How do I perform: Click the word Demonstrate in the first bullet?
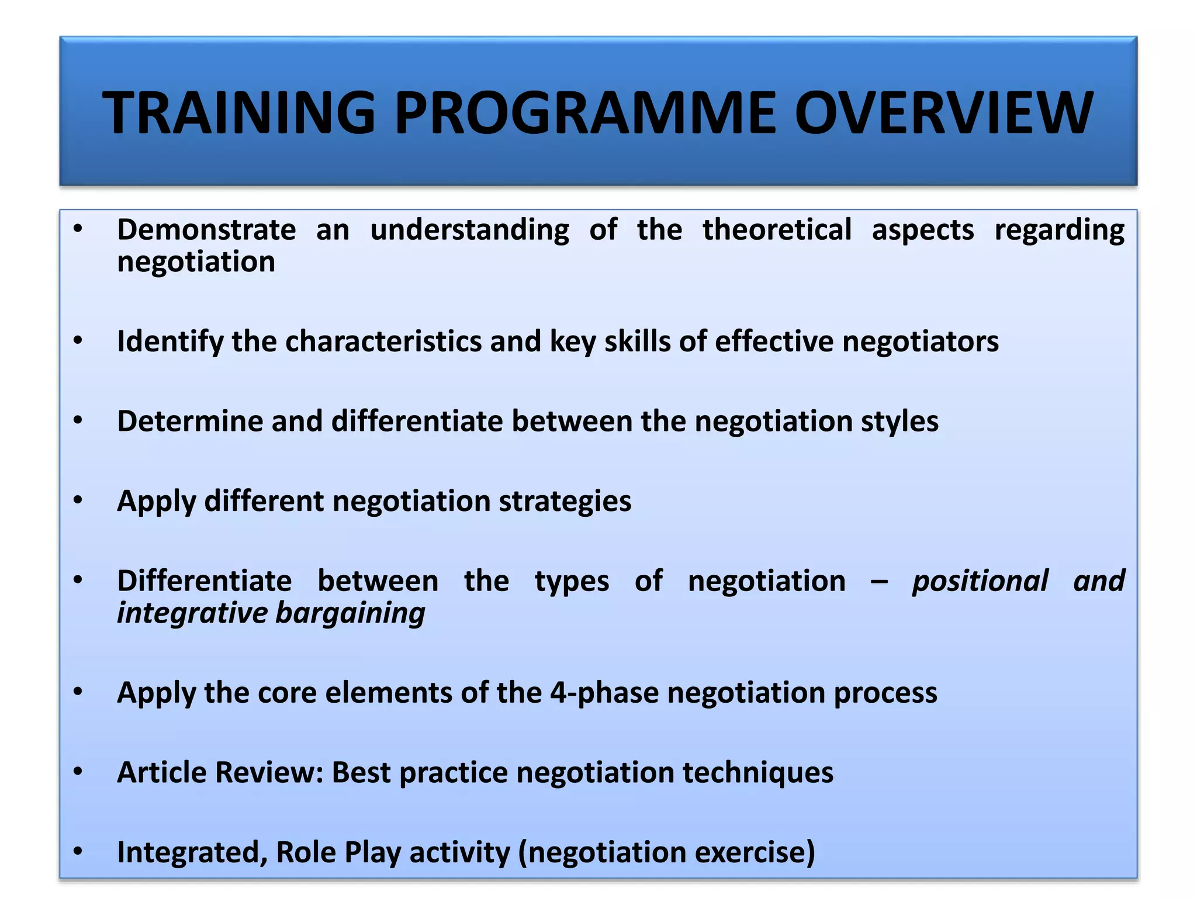click(206, 230)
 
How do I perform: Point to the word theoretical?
click(777, 230)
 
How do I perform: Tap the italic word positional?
click(980, 582)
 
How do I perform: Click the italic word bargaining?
click(350, 614)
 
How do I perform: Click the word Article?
click(162, 773)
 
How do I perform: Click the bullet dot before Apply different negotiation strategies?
click(78, 500)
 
